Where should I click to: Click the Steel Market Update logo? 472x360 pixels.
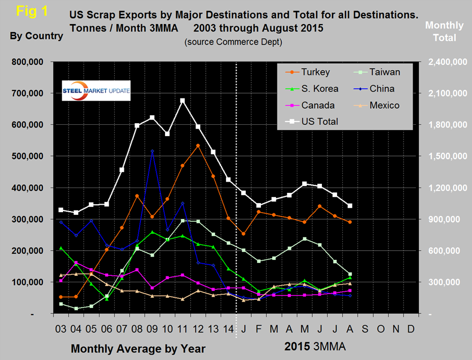click(x=96, y=91)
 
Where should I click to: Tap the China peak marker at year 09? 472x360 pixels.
click(x=152, y=151)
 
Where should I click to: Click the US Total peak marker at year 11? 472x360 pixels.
click(x=183, y=100)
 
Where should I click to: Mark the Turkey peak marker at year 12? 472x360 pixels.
click(x=198, y=146)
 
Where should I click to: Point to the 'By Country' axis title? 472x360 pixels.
click(x=36, y=36)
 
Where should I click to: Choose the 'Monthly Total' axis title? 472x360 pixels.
click(x=440, y=31)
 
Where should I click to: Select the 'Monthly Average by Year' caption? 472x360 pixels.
click(x=138, y=349)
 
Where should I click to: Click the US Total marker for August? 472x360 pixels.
click(x=350, y=206)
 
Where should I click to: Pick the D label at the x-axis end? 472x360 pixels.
click(x=411, y=326)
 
